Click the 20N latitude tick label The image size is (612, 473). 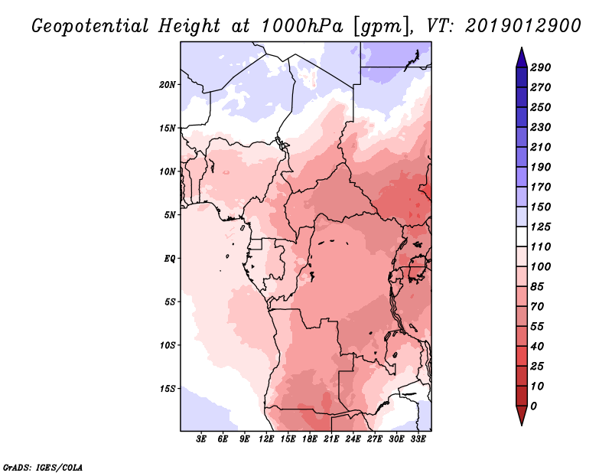coord(168,84)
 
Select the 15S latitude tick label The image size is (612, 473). coord(168,388)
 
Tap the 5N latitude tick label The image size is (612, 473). coord(169,214)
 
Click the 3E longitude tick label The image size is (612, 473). coord(201,439)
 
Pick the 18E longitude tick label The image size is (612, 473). coord(310,439)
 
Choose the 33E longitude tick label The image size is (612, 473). coord(418,439)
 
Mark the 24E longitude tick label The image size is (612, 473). coord(353,439)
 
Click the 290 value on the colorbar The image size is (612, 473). coord(541,67)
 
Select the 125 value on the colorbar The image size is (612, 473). coord(541,227)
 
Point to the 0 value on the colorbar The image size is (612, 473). coord(533,406)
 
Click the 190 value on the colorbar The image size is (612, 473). coord(541,167)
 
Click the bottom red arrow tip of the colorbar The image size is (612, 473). coord(521,422)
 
